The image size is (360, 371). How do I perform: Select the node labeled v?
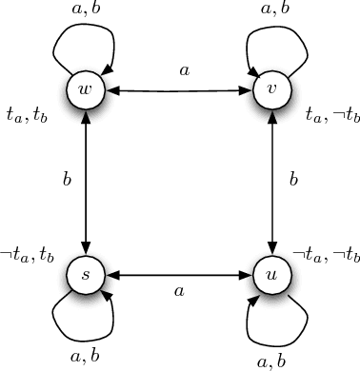pyautogui.click(x=272, y=90)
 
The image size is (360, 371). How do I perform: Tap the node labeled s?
pyautogui.click(x=87, y=276)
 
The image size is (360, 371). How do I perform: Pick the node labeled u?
pyautogui.click(x=272, y=276)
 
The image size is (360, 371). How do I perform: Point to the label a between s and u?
pyautogui.click(x=178, y=292)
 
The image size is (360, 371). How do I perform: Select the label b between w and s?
pyautogui.click(x=67, y=179)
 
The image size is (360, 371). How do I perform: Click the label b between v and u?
pyautogui.click(x=293, y=179)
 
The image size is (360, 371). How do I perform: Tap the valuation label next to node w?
pyautogui.click(x=28, y=115)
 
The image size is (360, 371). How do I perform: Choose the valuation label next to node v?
pyautogui.click(x=331, y=115)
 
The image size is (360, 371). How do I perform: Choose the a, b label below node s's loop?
pyautogui.click(x=88, y=356)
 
